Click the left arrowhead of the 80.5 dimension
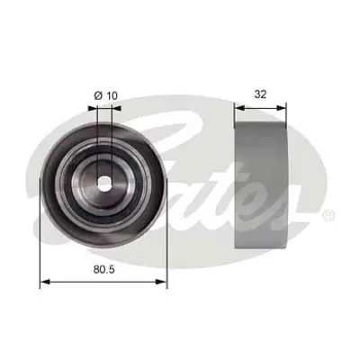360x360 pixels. click(x=44, y=282)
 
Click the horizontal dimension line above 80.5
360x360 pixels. click(x=104, y=282)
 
